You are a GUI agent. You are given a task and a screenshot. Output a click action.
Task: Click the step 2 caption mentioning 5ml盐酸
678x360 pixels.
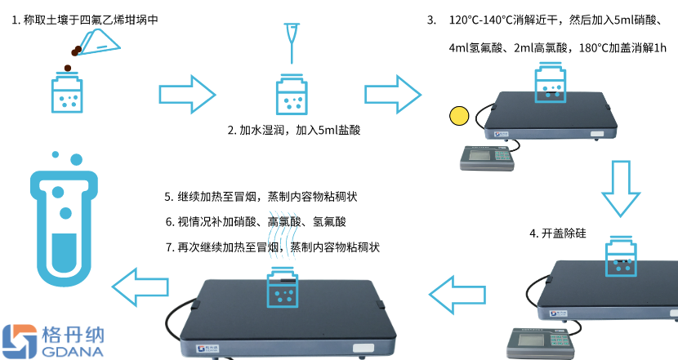(294, 130)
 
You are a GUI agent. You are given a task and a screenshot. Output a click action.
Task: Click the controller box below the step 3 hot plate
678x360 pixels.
(488, 156)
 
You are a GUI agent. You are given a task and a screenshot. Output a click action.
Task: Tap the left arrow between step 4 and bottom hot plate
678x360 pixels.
(456, 295)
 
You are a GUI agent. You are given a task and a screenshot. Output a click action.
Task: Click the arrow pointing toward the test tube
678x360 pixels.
(138, 286)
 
